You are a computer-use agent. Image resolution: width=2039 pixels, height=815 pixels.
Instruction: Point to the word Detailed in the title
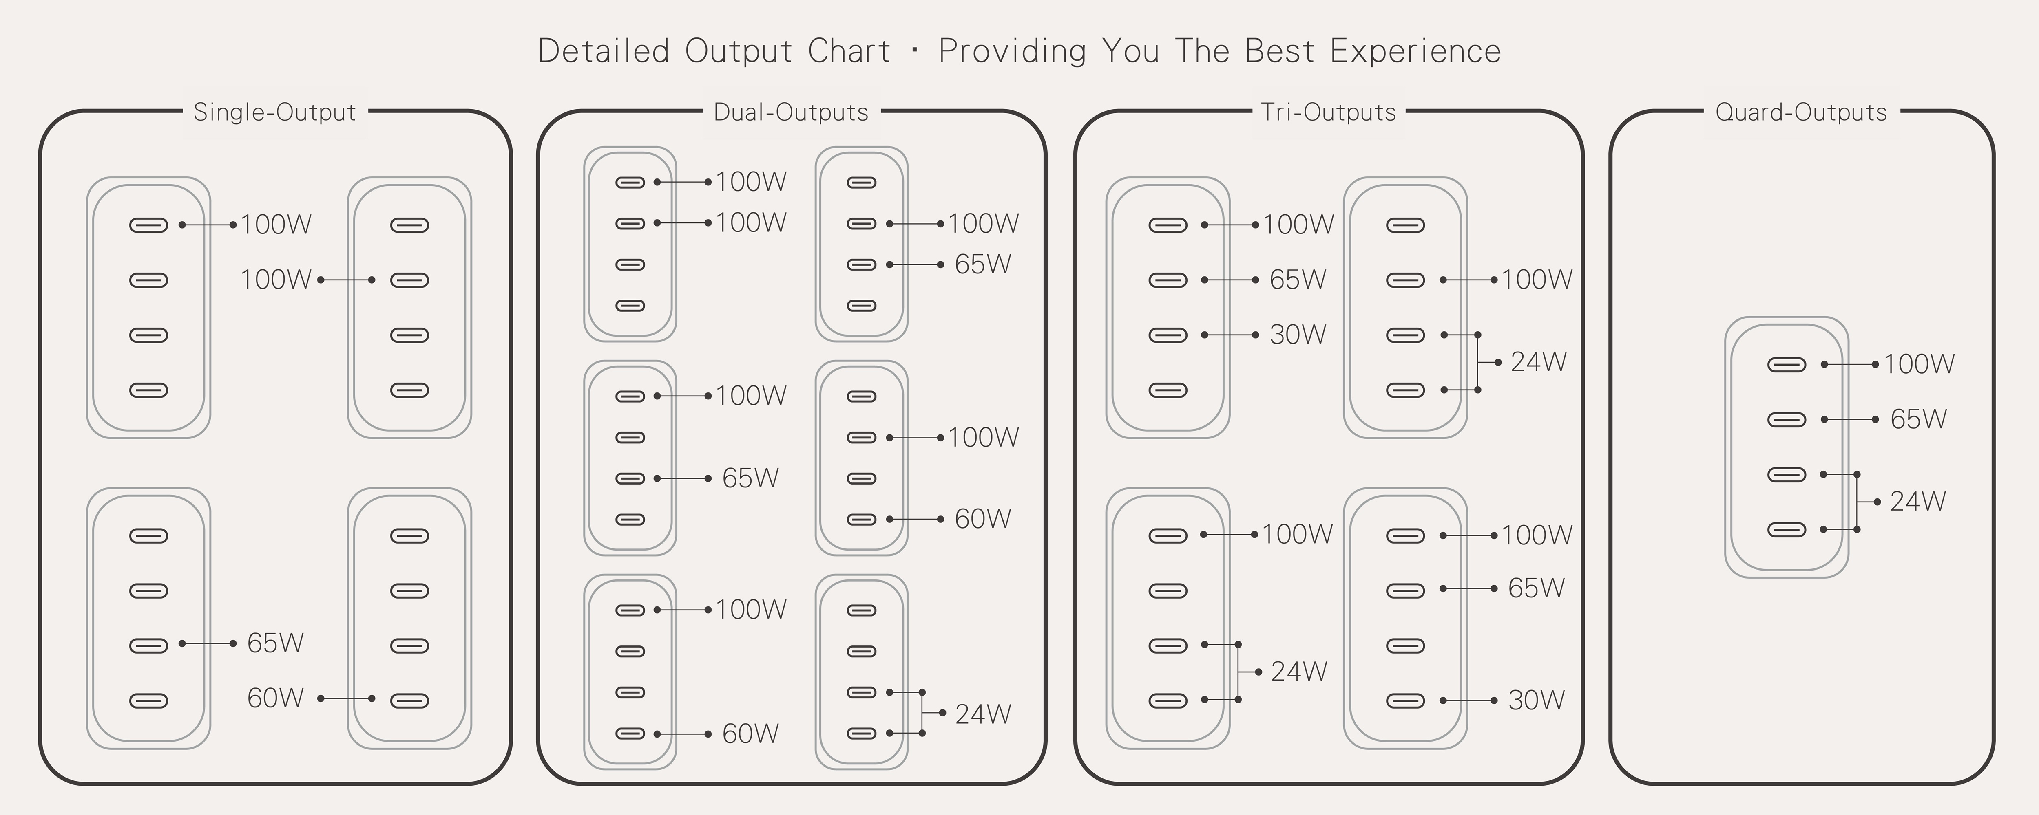pyautogui.click(x=604, y=51)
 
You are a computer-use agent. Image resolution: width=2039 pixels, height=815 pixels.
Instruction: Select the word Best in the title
pyautogui.click(x=1278, y=51)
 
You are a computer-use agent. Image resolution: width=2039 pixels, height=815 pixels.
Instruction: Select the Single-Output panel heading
pyautogui.click(x=275, y=112)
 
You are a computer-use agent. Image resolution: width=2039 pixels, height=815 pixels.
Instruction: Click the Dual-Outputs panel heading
pyautogui.click(x=791, y=112)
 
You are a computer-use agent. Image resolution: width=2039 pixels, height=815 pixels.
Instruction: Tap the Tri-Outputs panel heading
pyautogui.click(x=1328, y=112)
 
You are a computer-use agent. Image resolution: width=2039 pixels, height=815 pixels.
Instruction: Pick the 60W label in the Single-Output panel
pyautogui.click(x=275, y=698)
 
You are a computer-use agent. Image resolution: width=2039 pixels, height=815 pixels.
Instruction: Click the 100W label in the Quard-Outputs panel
pyautogui.click(x=1919, y=364)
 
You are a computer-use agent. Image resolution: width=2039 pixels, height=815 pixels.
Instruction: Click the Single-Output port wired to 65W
pyautogui.click(x=149, y=645)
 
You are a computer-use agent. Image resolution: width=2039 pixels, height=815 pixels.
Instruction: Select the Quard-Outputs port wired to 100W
pyautogui.click(x=1787, y=365)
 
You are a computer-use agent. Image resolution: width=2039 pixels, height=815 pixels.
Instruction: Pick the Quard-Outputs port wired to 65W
pyautogui.click(x=1787, y=419)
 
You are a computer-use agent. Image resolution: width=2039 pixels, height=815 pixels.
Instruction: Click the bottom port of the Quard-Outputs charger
pyautogui.click(x=1787, y=529)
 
